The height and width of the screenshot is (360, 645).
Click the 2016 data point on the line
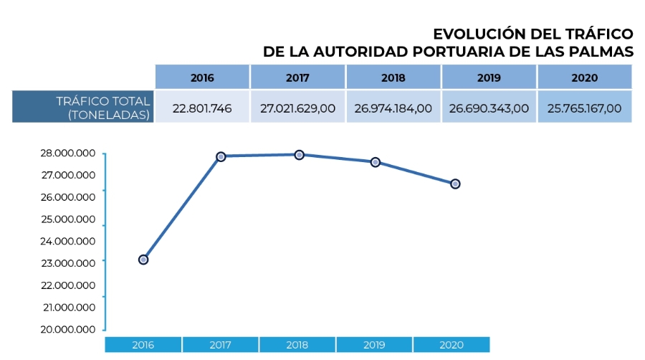point(143,260)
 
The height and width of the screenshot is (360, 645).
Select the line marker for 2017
point(221,156)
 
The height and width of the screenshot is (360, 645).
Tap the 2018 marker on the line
point(300,154)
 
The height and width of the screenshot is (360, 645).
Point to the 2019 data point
point(376,162)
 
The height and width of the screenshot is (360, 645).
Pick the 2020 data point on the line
point(455,184)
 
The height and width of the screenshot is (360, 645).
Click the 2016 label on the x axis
point(143,345)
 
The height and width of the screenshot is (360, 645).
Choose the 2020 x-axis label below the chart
point(451,345)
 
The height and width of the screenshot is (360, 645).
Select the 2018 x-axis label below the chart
point(297,345)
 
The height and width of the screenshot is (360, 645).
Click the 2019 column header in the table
point(489,77)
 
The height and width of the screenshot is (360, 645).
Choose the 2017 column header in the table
point(297,77)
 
